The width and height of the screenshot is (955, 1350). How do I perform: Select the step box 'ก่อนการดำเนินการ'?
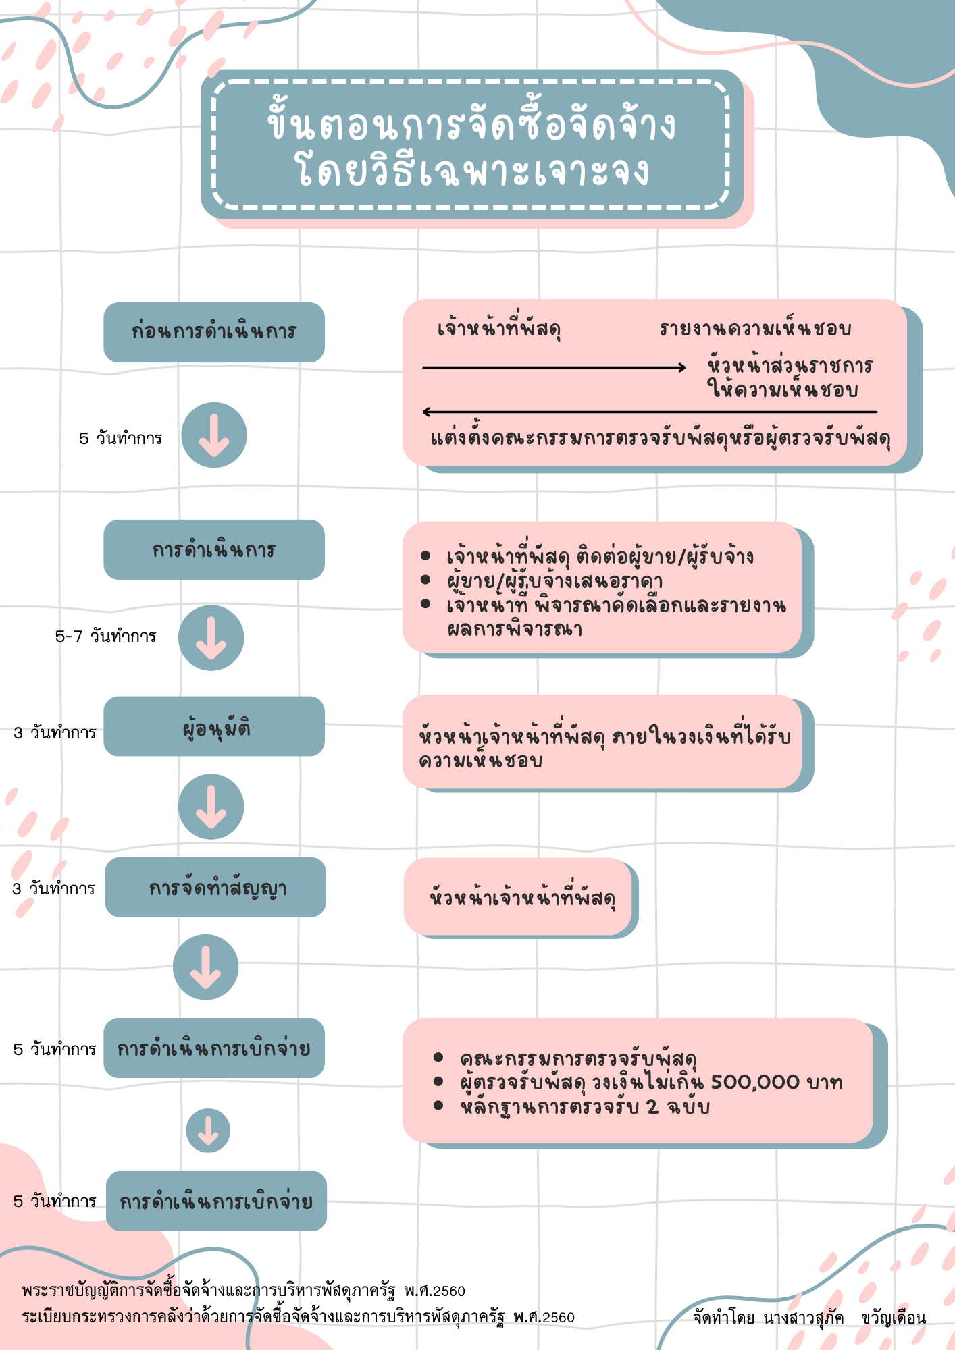(x=214, y=332)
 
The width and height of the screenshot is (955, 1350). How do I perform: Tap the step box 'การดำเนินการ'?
(x=214, y=549)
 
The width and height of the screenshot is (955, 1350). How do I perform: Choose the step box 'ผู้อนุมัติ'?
(x=214, y=726)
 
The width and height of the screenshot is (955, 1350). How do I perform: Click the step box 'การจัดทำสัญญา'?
(x=215, y=887)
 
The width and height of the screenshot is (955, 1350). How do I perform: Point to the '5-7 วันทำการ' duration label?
(x=105, y=636)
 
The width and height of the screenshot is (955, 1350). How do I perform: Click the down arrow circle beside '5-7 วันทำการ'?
(x=211, y=638)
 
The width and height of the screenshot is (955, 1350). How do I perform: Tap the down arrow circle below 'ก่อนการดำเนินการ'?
(x=214, y=435)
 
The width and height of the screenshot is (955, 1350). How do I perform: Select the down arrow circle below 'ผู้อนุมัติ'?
(x=211, y=807)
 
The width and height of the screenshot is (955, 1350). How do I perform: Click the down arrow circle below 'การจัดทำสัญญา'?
(x=206, y=967)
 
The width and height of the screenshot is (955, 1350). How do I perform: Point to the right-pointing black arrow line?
(x=554, y=367)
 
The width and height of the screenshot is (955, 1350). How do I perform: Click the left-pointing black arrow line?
(x=650, y=412)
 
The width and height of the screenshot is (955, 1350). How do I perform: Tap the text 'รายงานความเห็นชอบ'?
(x=755, y=329)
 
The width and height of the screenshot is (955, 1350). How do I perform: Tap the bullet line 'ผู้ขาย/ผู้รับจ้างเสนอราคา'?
(x=554, y=580)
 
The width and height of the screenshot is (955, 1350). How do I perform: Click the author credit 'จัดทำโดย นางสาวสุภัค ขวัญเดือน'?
(x=810, y=1317)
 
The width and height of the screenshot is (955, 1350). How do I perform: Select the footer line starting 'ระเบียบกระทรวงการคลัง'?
(x=298, y=1317)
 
